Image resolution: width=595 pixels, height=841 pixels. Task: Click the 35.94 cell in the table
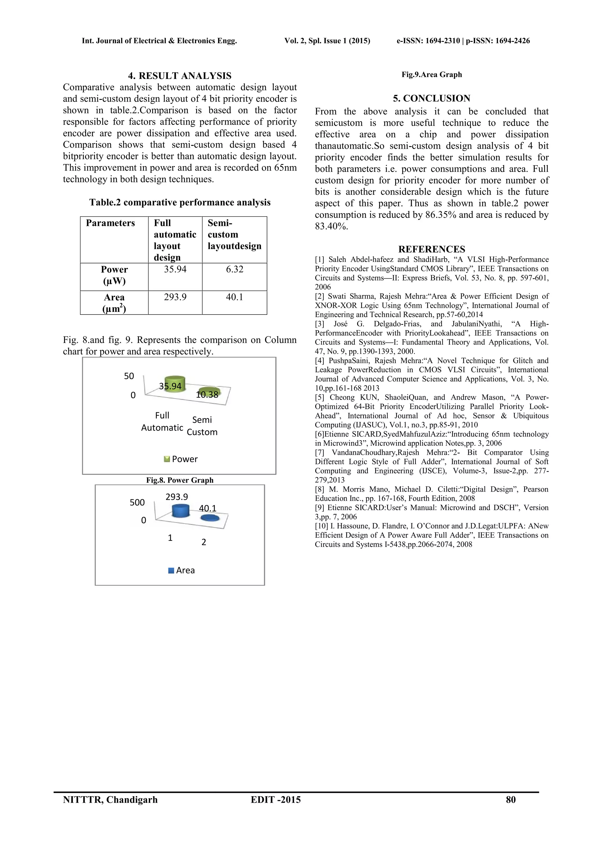175,269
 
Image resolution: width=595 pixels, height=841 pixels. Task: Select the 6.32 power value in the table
234,269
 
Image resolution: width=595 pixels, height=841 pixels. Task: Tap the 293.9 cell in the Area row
175,297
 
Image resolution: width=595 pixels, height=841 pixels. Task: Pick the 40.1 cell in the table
234,297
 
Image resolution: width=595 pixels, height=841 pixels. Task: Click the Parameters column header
110,223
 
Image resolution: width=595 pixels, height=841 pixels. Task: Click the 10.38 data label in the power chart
207,394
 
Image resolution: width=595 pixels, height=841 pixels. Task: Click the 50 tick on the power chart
129,376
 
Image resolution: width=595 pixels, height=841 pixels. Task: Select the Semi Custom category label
202,426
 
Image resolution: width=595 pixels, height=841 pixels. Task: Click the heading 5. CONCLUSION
432,98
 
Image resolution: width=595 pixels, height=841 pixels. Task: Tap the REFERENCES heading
432,249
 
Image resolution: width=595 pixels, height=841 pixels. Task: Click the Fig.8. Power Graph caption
180,480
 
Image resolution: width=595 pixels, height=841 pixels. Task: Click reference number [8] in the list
320,489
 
